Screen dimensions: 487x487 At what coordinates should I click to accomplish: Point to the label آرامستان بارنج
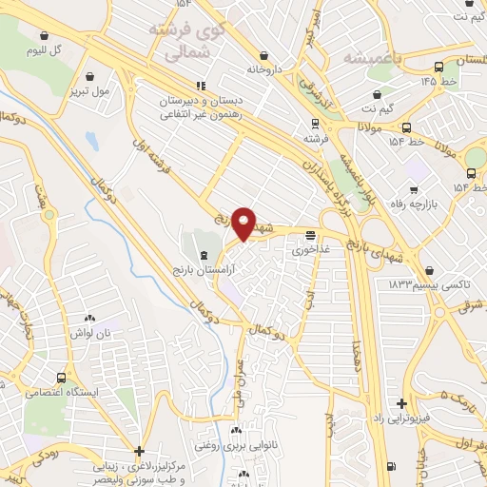click(x=208, y=269)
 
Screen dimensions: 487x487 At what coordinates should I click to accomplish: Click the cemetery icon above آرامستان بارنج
click(x=205, y=253)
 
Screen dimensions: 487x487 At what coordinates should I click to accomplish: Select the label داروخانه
click(x=265, y=69)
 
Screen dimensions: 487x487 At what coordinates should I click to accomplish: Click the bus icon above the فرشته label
click(x=315, y=123)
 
